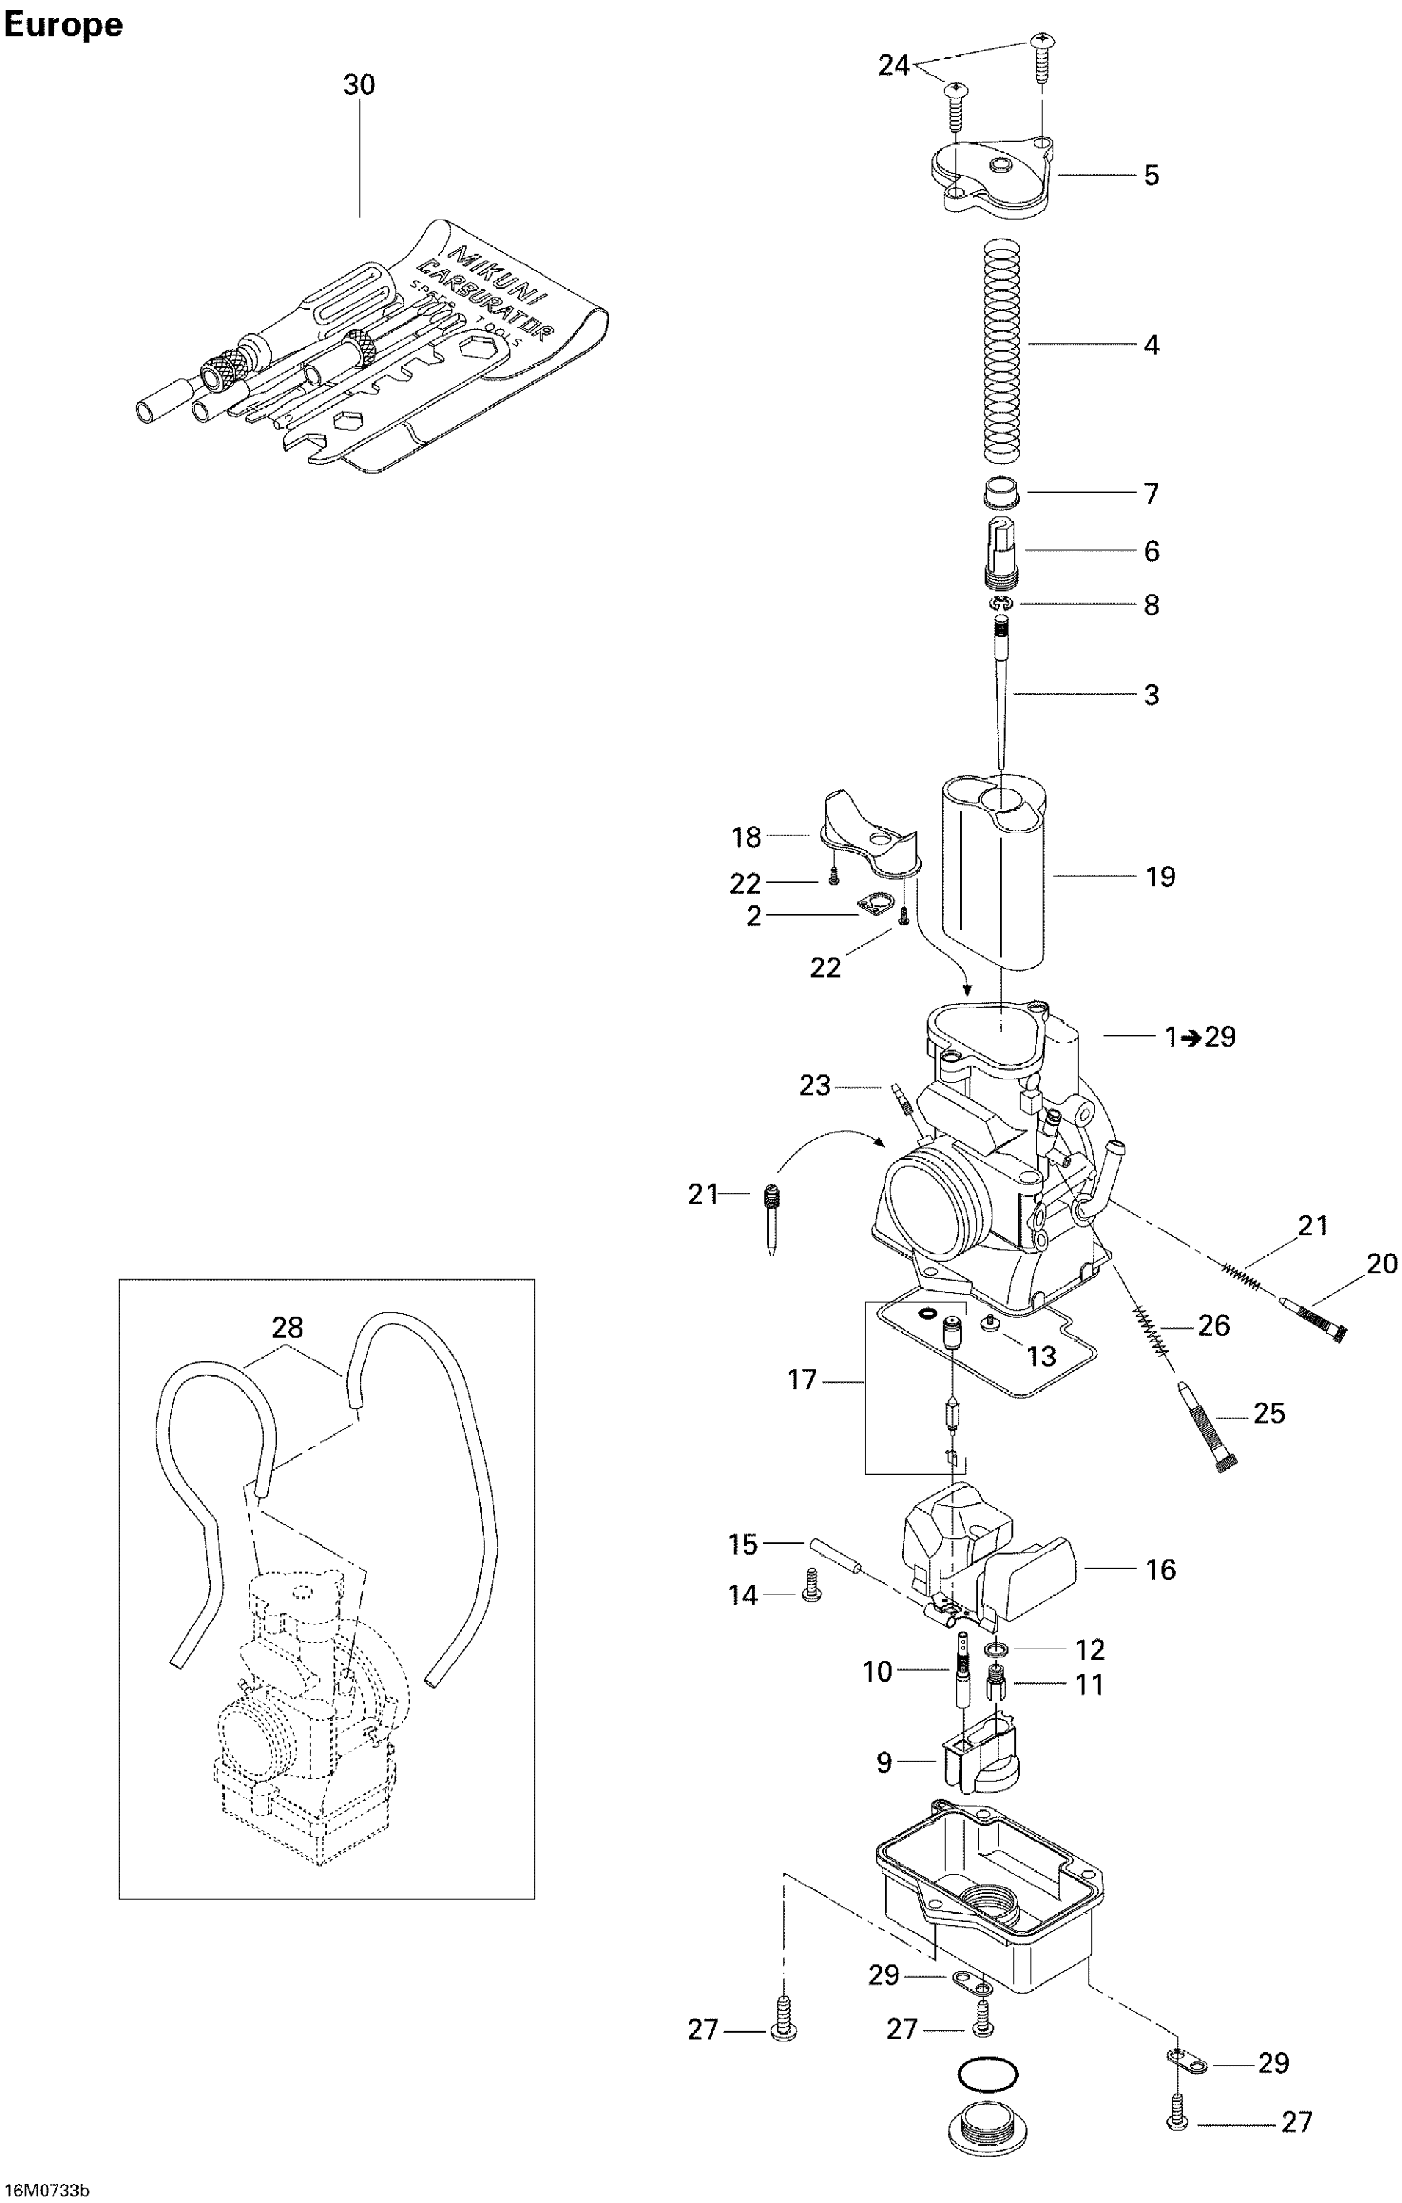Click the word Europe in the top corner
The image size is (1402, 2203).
pos(63,25)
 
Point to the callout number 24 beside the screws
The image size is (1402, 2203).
pos(893,66)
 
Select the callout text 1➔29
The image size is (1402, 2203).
pos(1200,1037)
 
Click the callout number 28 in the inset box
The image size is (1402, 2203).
pos(287,1328)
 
